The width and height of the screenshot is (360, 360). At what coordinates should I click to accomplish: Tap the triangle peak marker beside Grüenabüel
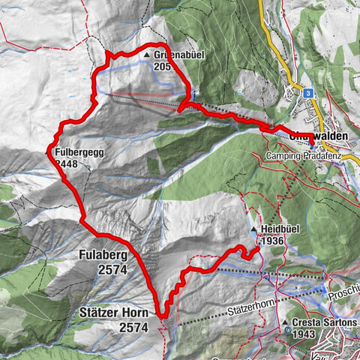tap(146, 55)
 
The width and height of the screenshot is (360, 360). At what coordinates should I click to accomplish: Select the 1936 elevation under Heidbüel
tap(271, 241)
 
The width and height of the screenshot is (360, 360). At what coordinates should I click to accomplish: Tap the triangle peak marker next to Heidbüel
tap(254, 229)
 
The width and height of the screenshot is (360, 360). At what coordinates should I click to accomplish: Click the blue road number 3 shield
tap(308, 91)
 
